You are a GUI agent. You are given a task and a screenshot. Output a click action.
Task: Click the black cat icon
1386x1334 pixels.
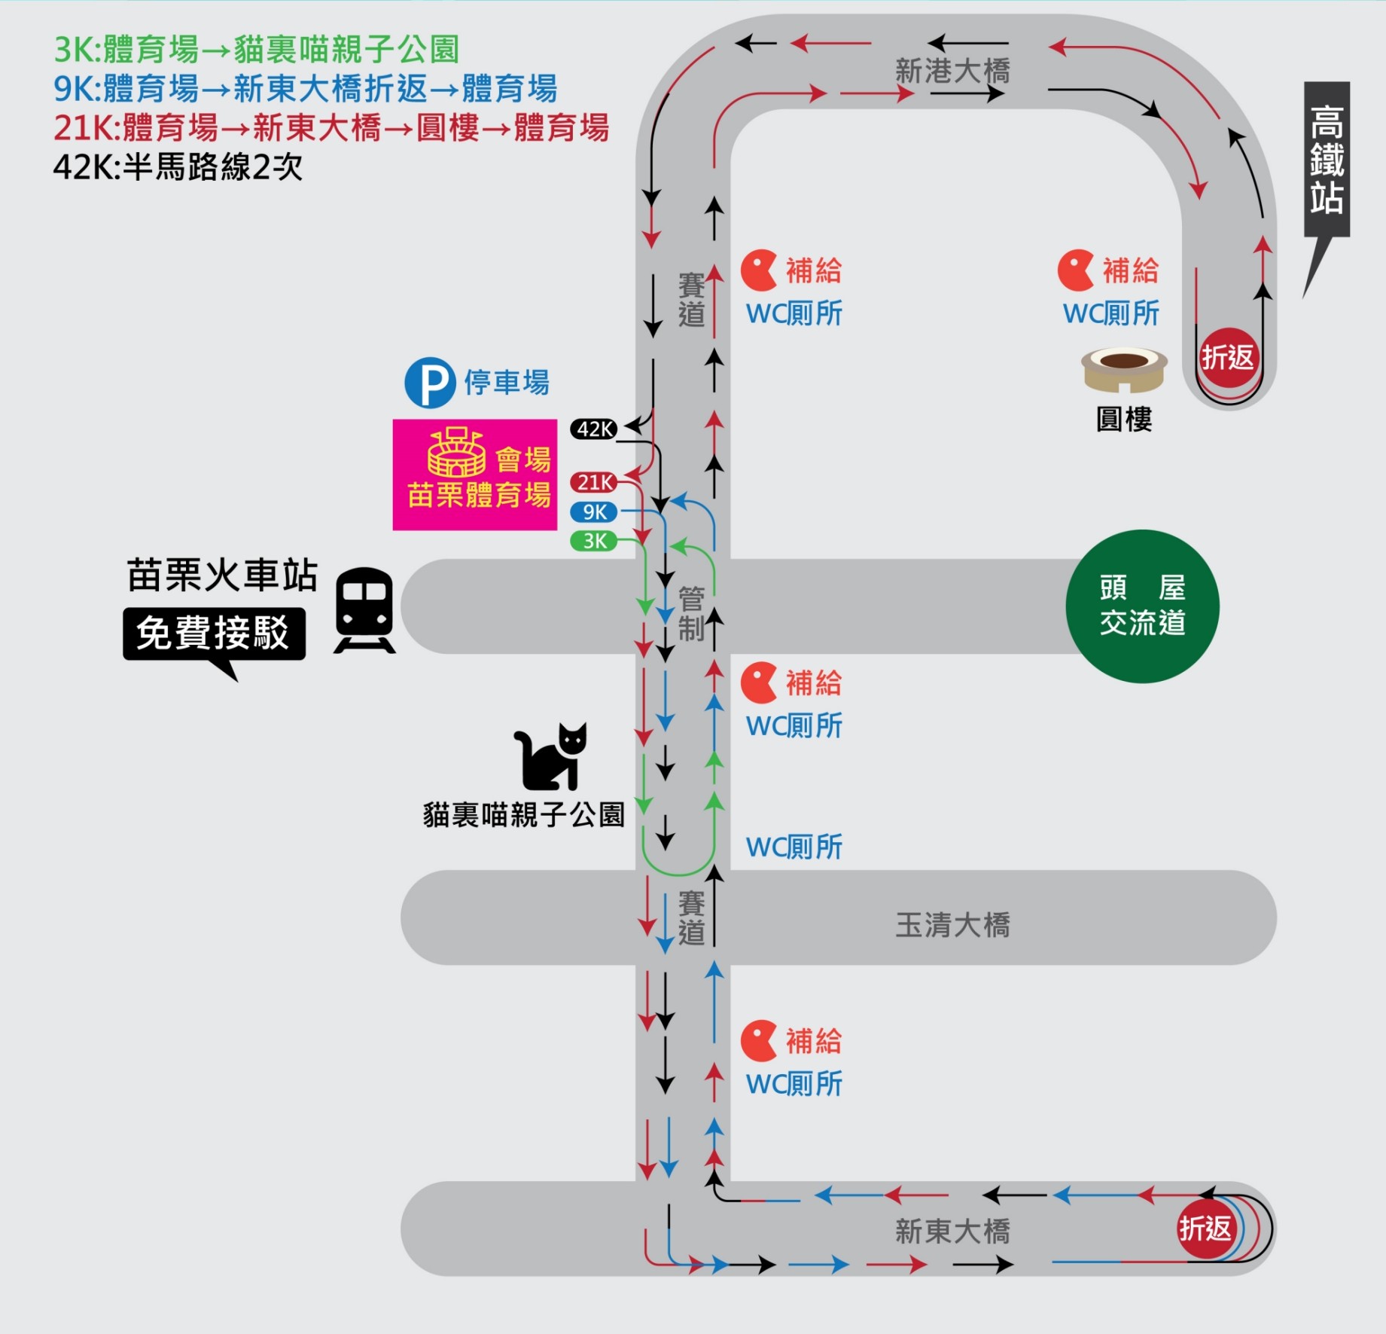point(550,757)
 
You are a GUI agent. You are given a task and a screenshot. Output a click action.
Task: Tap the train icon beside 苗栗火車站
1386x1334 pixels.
point(364,609)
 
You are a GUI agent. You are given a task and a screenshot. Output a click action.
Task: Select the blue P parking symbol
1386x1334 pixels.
point(430,383)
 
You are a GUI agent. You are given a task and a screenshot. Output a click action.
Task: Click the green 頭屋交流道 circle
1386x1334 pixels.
point(1142,606)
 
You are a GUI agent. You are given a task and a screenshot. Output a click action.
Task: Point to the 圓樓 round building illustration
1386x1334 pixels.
point(1124,369)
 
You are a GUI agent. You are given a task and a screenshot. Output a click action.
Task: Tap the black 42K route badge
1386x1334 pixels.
point(594,429)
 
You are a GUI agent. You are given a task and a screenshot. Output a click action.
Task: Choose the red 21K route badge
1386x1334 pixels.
point(594,482)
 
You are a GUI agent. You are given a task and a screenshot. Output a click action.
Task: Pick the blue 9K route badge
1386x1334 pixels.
point(594,512)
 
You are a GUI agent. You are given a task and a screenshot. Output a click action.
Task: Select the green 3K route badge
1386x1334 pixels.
point(594,541)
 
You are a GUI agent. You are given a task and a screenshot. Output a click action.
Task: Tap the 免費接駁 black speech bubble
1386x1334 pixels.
point(214,633)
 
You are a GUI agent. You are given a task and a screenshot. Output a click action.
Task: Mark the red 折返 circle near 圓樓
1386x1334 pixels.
point(1228,358)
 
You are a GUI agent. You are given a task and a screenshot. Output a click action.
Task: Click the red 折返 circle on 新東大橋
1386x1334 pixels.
point(1205,1229)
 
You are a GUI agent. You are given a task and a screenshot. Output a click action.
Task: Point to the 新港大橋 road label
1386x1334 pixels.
point(952,71)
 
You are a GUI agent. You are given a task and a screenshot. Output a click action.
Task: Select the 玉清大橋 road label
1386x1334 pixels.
point(952,925)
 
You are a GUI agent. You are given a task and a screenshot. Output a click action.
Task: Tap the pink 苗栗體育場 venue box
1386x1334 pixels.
point(475,475)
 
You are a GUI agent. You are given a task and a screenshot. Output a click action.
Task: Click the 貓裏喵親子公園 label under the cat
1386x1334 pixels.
point(524,815)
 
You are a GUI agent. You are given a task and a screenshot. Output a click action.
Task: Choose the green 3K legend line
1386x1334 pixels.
point(256,50)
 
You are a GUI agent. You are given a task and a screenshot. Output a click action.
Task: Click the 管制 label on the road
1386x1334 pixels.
point(691,613)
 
